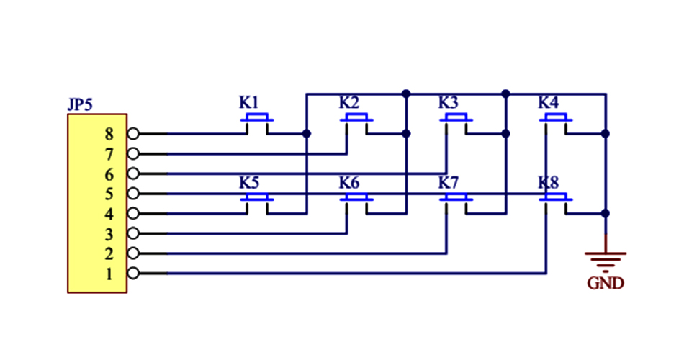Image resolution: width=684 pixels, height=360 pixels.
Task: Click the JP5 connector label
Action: pyautogui.click(x=80, y=105)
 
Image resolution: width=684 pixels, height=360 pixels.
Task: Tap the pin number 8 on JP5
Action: pyautogui.click(x=109, y=133)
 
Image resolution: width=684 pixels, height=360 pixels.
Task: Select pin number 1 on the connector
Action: pyautogui.click(x=109, y=274)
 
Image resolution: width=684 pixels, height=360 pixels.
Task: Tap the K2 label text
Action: pyautogui.click(x=349, y=102)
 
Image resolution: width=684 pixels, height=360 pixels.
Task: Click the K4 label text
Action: pyautogui.click(x=549, y=102)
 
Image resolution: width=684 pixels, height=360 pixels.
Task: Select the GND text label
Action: pyautogui.click(x=606, y=283)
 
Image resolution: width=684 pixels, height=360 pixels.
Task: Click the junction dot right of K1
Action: pyautogui.click(x=307, y=133)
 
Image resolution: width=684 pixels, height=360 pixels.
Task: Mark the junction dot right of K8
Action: pyautogui.click(x=605, y=213)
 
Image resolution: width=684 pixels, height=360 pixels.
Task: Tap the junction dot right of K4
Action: pyautogui.click(x=605, y=133)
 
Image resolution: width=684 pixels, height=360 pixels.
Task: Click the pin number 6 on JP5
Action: pyautogui.click(x=109, y=174)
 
